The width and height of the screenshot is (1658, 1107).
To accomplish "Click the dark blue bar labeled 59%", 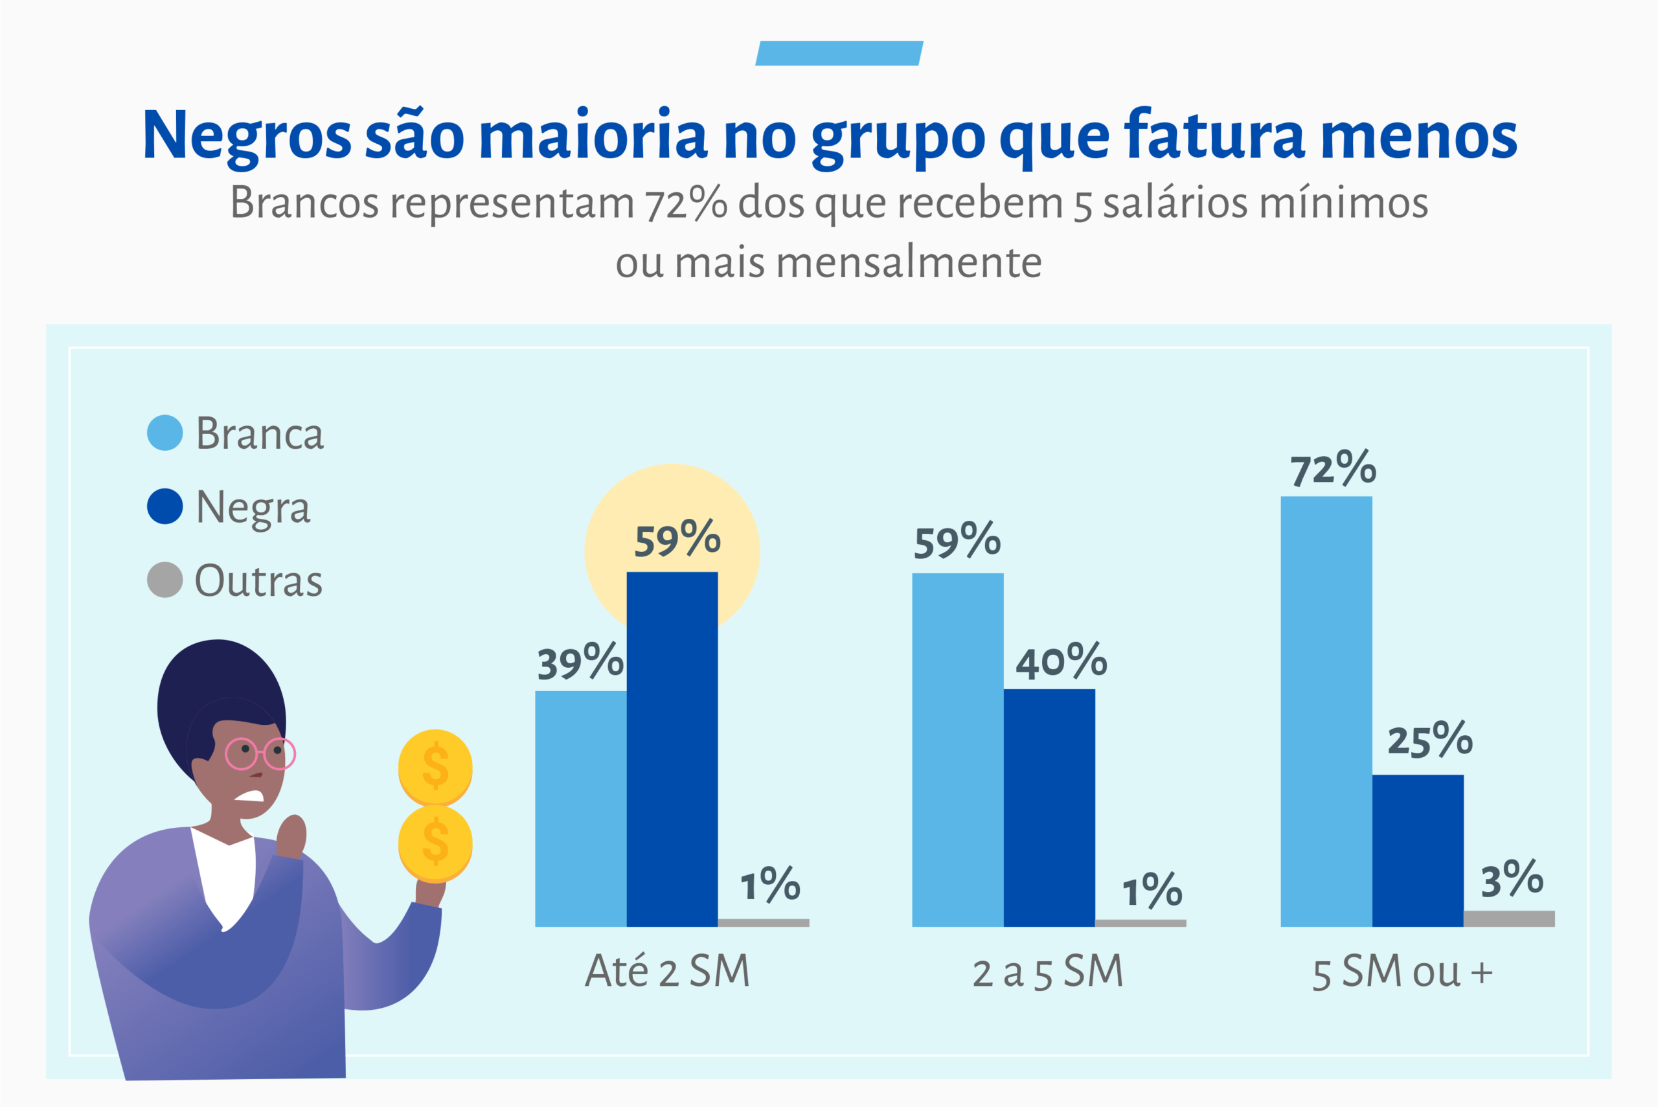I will [x=672, y=748].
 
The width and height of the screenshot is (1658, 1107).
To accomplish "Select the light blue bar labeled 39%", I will [x=580, y=808].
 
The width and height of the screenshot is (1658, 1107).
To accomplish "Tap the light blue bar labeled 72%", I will [x=1326, y=711].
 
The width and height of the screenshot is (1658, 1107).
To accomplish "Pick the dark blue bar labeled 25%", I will [x=1418, y=850].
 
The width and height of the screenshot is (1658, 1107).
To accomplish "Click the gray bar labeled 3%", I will [x=1509, y=919].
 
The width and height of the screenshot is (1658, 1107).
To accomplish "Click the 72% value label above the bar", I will [x=1333, y=469].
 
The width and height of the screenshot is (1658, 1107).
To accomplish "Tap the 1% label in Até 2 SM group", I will [x=769, y=885].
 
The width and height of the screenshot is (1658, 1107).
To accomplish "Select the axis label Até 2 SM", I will [x=667, y=972].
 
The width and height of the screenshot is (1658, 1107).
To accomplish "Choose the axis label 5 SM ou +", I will [x=1402, y=972].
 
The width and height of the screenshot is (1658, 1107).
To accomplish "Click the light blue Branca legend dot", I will [x=165, y=433].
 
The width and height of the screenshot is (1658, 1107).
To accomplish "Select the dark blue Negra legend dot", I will [x=165, y=506].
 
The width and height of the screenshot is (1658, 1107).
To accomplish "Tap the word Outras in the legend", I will [x=258, y=581].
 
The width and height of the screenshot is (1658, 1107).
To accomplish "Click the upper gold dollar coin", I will [x=435, y=767].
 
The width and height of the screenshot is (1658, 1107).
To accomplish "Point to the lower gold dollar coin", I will [x=435, y=843].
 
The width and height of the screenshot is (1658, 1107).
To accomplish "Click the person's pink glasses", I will [x=260, y=754].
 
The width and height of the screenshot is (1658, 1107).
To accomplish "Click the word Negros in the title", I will [x=246, y=135].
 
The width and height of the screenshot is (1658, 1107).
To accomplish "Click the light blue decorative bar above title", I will [x=839, y=53].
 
